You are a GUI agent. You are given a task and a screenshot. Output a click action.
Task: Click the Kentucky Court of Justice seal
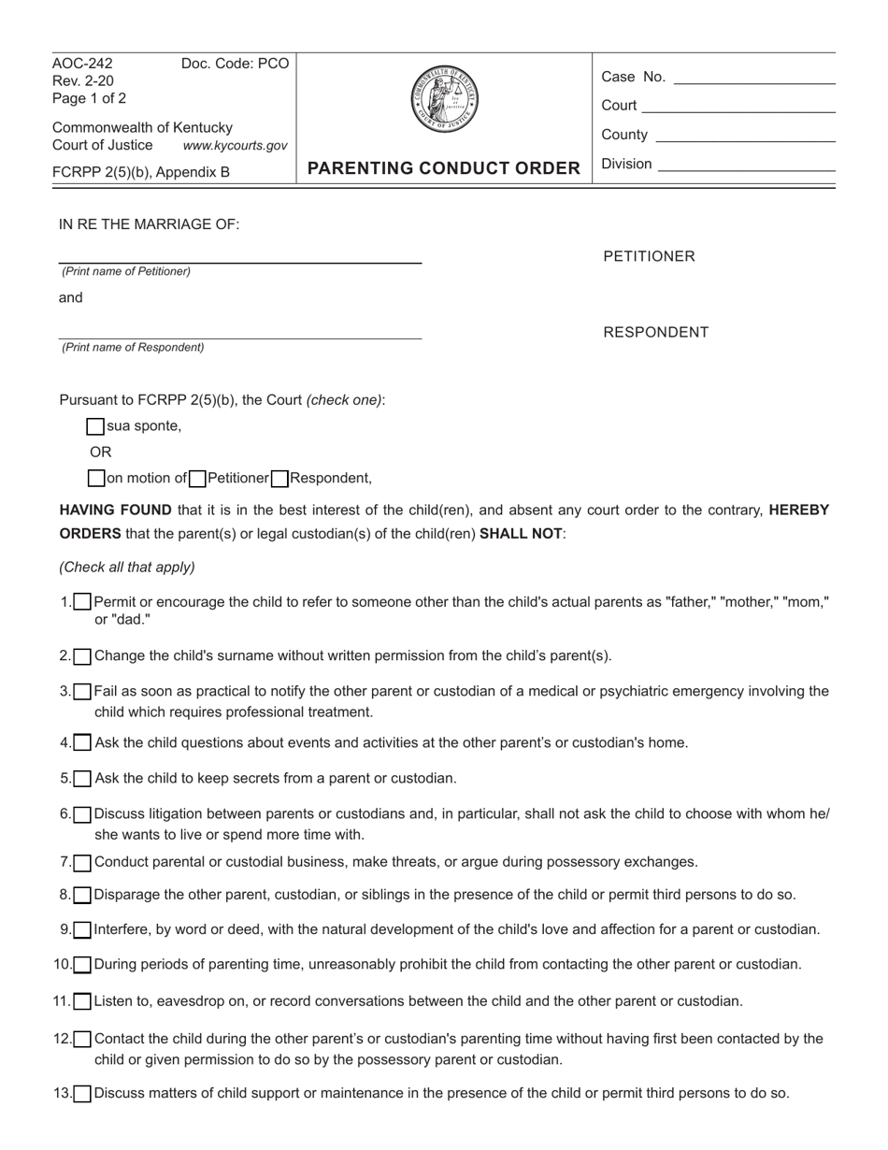444,99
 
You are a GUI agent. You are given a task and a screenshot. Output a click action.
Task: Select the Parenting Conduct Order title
444,168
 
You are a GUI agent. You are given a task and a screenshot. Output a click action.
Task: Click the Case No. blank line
753,79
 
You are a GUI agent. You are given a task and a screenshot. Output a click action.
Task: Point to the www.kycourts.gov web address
235,146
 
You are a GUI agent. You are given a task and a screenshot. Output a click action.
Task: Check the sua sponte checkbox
95,426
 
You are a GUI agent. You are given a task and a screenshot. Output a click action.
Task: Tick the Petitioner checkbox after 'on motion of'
197,479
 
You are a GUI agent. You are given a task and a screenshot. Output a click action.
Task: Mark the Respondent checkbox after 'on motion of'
279,479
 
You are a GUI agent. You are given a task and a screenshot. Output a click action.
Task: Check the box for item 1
82,602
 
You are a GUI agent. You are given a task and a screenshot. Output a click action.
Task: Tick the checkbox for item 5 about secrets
82,779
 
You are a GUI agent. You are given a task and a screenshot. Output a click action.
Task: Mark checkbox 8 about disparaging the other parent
82,896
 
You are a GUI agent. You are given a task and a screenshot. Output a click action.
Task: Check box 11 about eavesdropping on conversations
82,1002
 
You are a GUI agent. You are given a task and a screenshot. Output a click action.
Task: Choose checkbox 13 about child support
82,1093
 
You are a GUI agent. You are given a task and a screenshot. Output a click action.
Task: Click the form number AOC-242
82,64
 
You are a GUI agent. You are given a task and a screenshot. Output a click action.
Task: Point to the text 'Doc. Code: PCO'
235,64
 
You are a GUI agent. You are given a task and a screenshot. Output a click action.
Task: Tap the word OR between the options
101,453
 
